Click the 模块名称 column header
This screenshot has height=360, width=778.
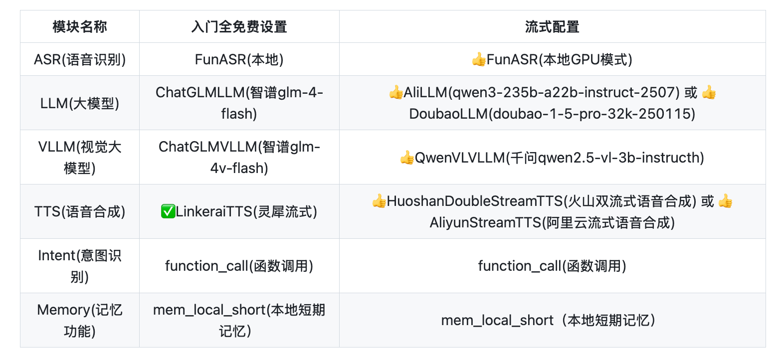(x=79, y=27)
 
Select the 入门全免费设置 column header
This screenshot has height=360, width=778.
(x=239, y=27)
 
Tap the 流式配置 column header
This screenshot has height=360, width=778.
(x=552, y=27)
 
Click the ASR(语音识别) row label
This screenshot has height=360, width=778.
(x=79, y=59)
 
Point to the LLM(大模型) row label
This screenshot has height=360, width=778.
(x=79, y=103)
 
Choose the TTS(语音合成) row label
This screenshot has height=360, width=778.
(x=79, y=211)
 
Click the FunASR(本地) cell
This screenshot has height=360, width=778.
(x=239, y=59)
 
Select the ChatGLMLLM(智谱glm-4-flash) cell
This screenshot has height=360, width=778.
(x=239, y=103)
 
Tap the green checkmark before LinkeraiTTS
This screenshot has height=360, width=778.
(x=168, y=211)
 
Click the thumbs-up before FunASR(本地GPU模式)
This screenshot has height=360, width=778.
(x=479, y=59)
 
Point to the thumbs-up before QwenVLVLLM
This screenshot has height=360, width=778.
(x=407, y=158)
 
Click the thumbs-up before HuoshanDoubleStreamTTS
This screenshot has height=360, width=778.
(x=379, y=201)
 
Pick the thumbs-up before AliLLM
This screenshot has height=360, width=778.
(x=396, y=92)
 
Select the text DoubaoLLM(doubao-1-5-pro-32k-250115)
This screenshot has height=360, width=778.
(x=552, y=114)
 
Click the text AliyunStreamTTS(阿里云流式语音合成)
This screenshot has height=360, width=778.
(x=552, y=222)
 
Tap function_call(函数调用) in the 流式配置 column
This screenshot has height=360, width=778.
(x=552, y=266)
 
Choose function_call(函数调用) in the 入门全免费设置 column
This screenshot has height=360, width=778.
(x=239, y=266)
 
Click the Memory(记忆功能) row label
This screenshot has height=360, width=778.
(x=79, y=321)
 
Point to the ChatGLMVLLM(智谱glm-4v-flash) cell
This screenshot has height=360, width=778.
(x=239, y=158)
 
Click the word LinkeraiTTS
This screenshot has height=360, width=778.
(x=213, y=211)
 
